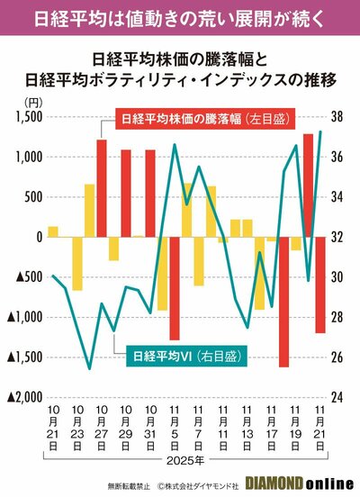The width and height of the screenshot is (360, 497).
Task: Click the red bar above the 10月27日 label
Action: click(102, 188)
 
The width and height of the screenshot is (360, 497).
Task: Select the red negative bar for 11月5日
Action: click(175, 287)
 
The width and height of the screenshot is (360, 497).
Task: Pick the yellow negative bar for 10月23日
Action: click(77, 263)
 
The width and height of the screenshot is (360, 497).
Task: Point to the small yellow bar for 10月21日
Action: click(53, 231)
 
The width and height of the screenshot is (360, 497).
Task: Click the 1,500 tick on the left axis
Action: click(28, 117)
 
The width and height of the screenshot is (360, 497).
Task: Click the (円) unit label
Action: click(34, 103)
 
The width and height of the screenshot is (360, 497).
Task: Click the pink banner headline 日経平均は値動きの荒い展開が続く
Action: click(180, 17)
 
